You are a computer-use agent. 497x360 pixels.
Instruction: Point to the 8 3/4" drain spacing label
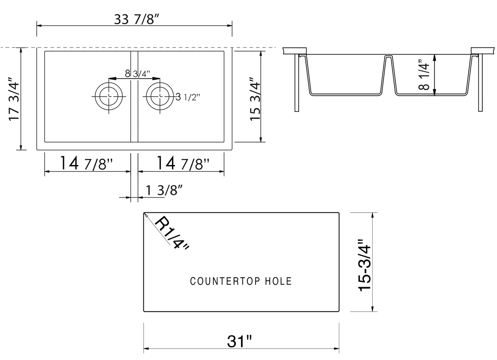(x=137, y=74)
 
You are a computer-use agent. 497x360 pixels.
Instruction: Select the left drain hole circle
(x=108, y=96)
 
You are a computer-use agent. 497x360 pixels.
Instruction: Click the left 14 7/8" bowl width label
(x=86, y=164)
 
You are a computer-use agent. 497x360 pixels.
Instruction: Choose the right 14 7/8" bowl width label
(x=183, y=164)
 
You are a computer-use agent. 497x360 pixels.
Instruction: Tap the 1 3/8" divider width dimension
(x=164, y=190)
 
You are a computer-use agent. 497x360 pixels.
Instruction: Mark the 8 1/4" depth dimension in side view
(x=425, y=76)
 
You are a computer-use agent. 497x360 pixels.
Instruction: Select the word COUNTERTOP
(x=225, y=281)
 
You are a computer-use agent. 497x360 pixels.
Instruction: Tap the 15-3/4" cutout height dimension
(x=364, y=265)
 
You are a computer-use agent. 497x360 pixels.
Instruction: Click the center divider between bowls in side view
(x=389, y=74)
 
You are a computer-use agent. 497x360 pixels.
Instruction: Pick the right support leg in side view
(x=480, y=82)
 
